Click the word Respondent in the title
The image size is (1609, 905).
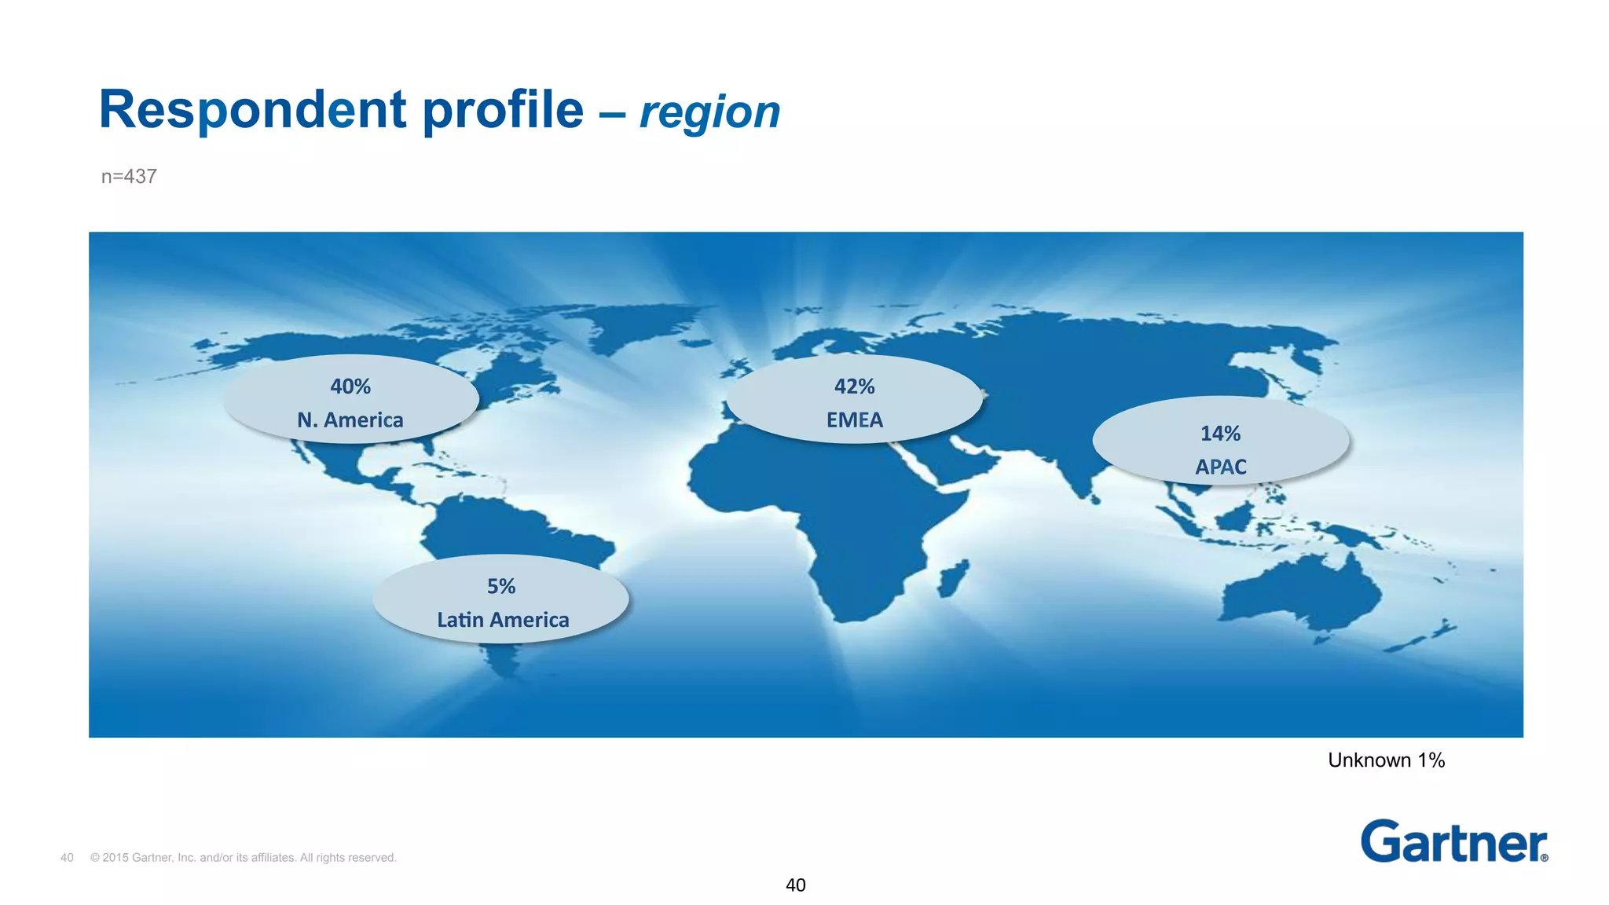coord(252,110)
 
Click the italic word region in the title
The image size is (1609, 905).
coord(709,112)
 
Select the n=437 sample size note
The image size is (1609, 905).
coord(129,177)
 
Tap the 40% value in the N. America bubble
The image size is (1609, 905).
coord(350,387)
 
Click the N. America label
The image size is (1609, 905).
coord(350,420)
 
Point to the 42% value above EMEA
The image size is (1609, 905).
coord(854,387)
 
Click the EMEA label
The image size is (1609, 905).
coord(855,420)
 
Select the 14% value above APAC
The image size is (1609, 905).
coord(1220,434)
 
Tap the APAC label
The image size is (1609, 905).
coord(1221,467)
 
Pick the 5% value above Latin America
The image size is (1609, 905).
coord(501,587)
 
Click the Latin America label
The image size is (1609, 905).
coord(503,621)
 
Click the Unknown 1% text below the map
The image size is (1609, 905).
coord(1386,760)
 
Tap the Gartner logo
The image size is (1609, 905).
coord(1453,841)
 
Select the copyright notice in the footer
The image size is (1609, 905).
coord(244,858)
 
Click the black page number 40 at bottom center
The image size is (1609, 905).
coord(796,885)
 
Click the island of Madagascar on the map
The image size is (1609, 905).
coord(955,577)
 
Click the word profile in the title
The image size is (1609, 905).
coord(503,110)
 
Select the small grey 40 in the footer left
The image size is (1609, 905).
coord(67,858)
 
